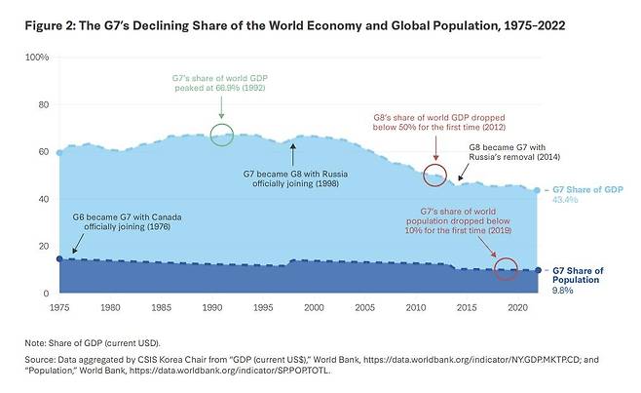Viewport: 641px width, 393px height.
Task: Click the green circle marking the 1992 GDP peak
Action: pos(222,135)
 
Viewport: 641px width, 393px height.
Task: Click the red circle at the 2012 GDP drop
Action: pos(435,175)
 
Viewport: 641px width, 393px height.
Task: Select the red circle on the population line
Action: pos(505,269)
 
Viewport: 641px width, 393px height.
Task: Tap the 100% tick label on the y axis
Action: pos(37,58)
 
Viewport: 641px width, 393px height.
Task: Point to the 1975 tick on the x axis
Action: pos(59,307)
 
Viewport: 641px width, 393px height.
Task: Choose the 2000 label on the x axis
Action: pos(314,307)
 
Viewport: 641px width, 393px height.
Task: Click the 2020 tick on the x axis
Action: pos(517,307)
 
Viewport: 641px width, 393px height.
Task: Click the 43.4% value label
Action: pos(566,200)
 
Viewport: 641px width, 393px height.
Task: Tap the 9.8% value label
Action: pos(562,291)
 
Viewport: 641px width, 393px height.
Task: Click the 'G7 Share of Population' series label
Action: pos(584,275)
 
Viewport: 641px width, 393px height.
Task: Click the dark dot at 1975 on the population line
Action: pos(59,258)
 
